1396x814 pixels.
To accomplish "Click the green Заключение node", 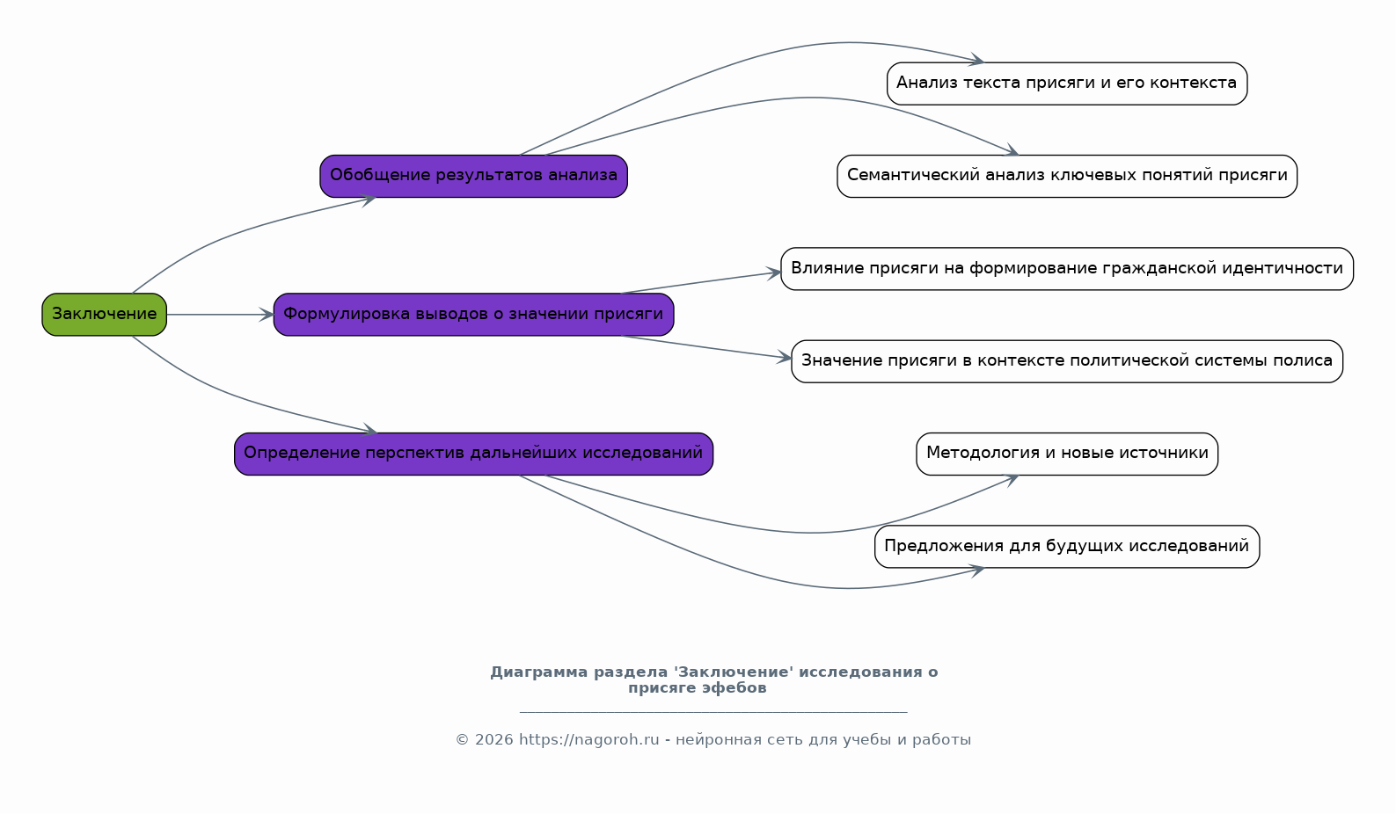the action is [104, 315].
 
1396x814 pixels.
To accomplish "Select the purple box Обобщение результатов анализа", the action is [473, 177].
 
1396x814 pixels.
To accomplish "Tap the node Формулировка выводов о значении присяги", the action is [473, 315].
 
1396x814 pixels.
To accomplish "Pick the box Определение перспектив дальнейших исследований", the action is [473, 454].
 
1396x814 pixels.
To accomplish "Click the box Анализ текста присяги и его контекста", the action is [1067, 84].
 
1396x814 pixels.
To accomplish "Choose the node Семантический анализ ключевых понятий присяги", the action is [1067, 177].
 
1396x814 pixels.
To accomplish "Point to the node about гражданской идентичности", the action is [1067, 268].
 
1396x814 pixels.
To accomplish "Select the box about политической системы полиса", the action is [1067, 361].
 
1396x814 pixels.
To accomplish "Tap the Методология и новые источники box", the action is [1067, 454].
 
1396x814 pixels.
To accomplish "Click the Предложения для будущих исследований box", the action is [1067, 546].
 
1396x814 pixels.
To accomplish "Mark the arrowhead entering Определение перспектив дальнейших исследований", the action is [369, 430].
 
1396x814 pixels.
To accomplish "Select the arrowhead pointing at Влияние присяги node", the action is [773, 273].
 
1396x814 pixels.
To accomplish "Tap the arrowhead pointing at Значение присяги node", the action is [784, 358].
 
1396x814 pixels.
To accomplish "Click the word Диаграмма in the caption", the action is [538, 672].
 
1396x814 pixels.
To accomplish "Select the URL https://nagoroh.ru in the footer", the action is [589, 740].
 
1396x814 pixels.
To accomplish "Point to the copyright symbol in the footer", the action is [462, 740].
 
